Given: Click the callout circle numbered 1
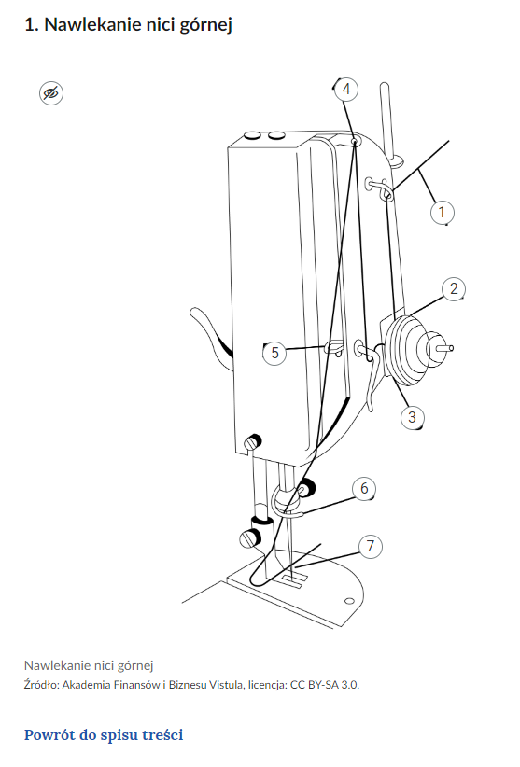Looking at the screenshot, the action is pyautogui.click(x=443, y=213).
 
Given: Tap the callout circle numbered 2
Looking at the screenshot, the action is pyautogui.click(x=454, y=288).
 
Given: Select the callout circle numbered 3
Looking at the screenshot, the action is pyautogui.click(x=412, y=417).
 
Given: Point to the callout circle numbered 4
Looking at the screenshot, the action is pyautogui.click(x=346, y=89).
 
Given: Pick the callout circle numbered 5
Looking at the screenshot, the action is pyautogui.click(x=274, y=352).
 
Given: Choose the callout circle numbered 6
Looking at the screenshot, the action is pyautogui.click(x=364, y=488).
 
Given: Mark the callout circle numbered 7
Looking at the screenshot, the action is pyautogui.click(x=371, y=546).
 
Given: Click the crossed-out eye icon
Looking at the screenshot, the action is pyautogui.click(x=50, y=93).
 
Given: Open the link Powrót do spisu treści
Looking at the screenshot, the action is pyautogui.click(x=104, y=734).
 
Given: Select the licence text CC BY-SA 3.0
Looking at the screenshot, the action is pyautogui.click(x=325, y=684).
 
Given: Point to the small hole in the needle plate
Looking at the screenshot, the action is pyautogui.click(x=349, y=600).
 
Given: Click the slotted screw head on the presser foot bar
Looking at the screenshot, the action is pyautogui.click(x=249, y=538).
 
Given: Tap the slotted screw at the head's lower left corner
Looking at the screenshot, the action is pyautogui.click(x=251, y=442).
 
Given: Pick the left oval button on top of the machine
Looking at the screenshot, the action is pyautogui.click(x=253, y=135).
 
